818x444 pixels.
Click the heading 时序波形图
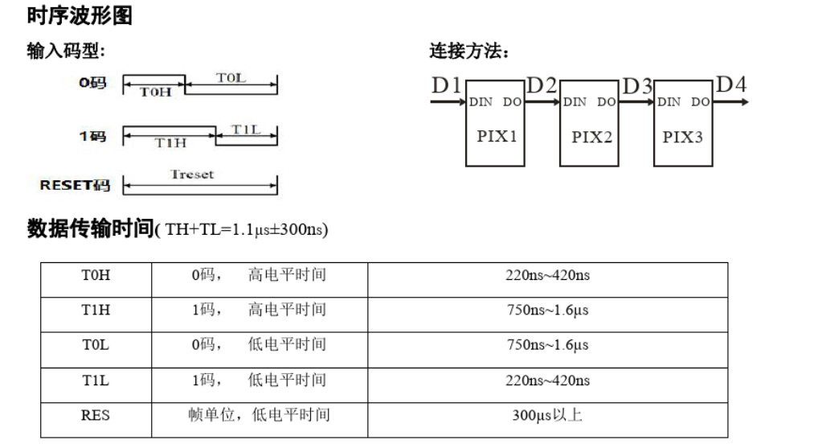point(79,15)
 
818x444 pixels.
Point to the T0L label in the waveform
point(231,77)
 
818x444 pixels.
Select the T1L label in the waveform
point(246,129)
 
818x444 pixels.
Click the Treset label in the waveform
point(193,174)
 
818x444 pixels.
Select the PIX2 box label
point(591,137)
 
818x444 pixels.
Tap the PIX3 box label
point(683,137)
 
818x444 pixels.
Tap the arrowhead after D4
point(746,102)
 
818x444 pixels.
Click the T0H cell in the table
point(96,276)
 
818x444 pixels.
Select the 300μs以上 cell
point(547,416)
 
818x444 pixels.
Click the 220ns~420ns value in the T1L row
point(547,380)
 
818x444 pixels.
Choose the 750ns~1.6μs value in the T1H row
point(547,310)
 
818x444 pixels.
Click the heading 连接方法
point(468,53)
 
